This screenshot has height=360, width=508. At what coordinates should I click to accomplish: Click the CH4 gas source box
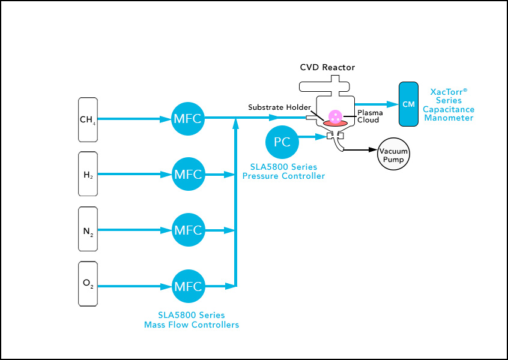pos(88,119)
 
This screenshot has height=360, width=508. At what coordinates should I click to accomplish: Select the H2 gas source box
pos(88,174)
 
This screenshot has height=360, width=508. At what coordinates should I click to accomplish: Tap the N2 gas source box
pos(88,229)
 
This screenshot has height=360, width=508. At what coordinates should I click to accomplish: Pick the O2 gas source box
pos(88,283)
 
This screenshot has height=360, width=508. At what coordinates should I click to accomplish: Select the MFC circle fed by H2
pos(187,174)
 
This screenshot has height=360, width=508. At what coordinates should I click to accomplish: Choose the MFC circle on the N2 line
pos(187,229)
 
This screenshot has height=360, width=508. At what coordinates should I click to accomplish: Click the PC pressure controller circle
pos(282,142)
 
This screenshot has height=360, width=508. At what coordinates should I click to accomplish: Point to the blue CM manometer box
pos(408,104)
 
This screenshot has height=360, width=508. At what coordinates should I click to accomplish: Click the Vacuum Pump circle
pos(393,155)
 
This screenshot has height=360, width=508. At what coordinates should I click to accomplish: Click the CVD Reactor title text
pos(327,67)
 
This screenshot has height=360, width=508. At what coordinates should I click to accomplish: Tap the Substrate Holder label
pos(279,107)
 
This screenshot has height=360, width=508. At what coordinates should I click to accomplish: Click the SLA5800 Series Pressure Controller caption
pos(283,172)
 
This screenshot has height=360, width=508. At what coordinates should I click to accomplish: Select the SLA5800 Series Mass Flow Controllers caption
pos(192,320)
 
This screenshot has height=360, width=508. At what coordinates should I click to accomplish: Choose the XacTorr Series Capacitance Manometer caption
pos(449,105)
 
